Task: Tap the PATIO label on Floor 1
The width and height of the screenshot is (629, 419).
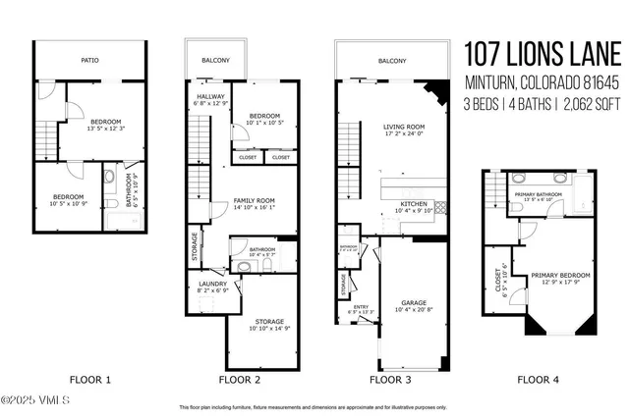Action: (89, 60)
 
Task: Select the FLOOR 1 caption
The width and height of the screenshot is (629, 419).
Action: (89, 378)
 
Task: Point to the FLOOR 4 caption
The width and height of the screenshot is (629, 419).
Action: (539, 378)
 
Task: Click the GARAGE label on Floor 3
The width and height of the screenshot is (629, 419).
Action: (413, 302)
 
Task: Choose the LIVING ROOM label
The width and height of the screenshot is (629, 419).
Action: (403, 126)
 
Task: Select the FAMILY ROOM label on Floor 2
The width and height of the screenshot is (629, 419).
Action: (254, 200)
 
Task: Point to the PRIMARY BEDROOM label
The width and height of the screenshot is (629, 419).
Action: (559, 275)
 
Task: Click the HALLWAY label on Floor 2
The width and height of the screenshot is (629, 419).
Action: (211, 96)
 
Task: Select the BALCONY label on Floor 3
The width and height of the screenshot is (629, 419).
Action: (391, 60)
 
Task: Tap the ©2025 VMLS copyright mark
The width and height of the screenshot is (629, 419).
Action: (31, 399)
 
